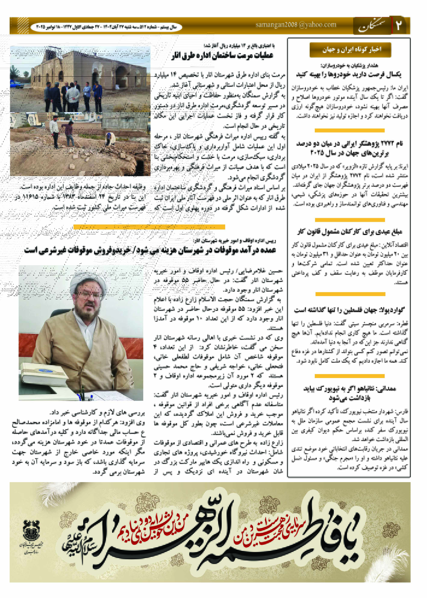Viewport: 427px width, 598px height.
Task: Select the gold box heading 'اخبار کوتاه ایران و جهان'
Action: click(x=350, y=49)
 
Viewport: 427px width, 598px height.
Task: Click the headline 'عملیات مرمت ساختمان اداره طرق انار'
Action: click(x=222, y=55)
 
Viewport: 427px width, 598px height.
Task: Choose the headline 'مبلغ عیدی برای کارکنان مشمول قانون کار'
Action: click(x=350, y=232)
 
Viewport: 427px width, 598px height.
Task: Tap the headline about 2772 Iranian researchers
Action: click(x=350, y=148)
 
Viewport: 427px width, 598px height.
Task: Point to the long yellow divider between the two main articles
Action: click(x=149, y=227)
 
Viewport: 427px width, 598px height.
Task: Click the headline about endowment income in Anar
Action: click(x=150, y=250)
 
